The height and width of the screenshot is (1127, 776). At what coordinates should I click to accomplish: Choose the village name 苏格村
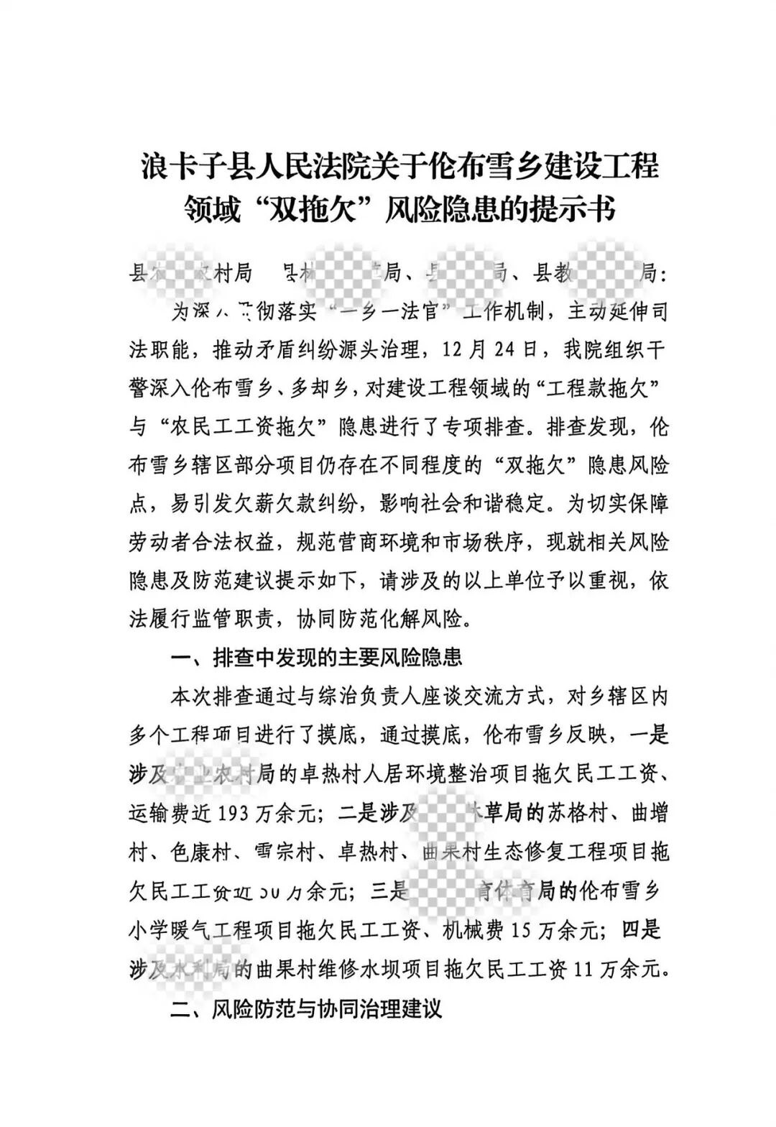tap(565, 813)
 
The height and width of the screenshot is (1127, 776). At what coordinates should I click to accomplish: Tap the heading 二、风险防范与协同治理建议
tap(305, 1008)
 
